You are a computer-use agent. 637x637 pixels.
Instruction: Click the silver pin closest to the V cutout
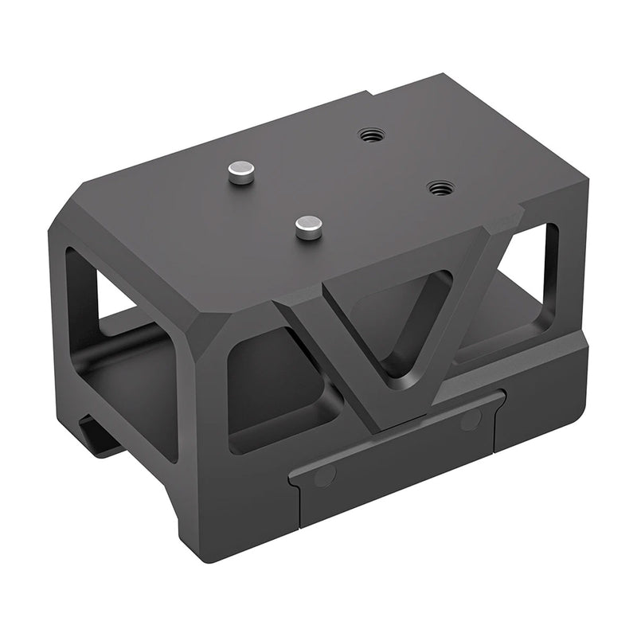tap(307, 227)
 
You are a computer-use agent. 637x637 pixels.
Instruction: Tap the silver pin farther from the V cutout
tap(240, 170)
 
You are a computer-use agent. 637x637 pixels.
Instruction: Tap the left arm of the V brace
tap(334, 350)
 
